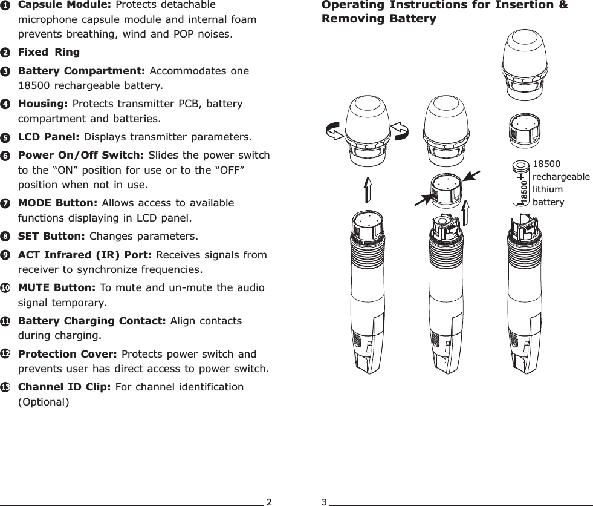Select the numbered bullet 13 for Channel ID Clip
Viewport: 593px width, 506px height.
[5, 387]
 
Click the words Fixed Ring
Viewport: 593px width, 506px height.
[49, 52]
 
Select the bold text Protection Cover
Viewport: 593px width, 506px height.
[68, 354]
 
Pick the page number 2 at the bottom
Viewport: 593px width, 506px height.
[269, 502]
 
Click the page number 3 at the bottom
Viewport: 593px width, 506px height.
[324, 502]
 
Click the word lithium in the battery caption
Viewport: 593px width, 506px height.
[548, 189]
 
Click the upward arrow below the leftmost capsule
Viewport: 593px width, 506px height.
[368, 192]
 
